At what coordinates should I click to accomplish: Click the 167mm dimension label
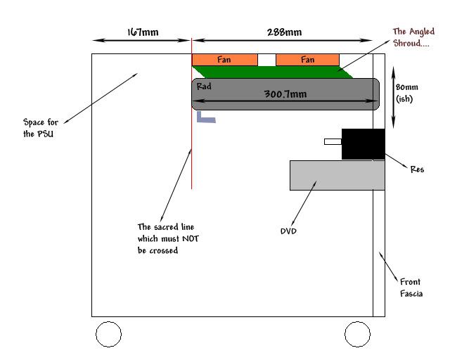pos(141,32)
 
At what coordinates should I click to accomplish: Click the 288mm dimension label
pos(285,32)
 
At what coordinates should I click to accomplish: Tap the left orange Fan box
pos(224,60)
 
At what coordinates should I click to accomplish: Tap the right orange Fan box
pos(307,60)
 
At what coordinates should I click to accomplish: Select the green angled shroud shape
pos(274,71)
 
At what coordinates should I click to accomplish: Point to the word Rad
pos(204,86)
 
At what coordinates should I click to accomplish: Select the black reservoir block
pos(363,144)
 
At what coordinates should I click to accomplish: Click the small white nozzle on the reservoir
pos(333,141)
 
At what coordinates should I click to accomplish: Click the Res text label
pos(418,169)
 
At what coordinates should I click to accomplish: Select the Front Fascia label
pos(411,287)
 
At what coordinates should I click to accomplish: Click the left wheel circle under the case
pos(108,334)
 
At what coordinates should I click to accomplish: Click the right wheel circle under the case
pos(357,334)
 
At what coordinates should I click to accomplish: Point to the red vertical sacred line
pos(192,155)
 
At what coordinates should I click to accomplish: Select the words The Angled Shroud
pos(414,37)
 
